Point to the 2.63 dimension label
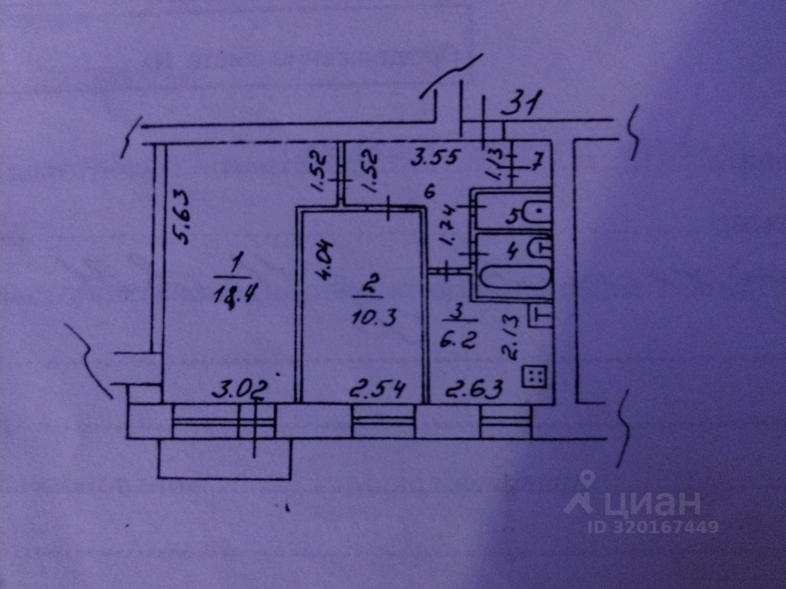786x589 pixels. tap(475, 389)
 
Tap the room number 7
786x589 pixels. tap(537, 164)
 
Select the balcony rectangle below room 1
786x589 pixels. tap(224, 460)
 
